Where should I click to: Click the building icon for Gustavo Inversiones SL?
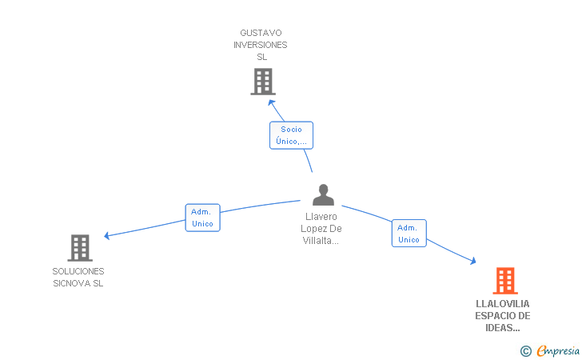point(263,82)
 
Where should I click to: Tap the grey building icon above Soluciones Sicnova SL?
point(80,248)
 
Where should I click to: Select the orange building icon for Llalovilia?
point(505,281)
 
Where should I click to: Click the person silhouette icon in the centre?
point(323,194)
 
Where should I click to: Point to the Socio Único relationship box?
point(291,135)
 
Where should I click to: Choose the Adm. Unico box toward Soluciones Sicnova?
point(203,218)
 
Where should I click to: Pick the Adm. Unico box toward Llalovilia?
point(409,234)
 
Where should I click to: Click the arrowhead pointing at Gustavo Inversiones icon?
point(272,102)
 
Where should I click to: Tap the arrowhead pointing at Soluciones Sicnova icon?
point(107,235)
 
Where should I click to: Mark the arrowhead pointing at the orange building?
point(473,261)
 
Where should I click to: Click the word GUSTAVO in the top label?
point(261,33)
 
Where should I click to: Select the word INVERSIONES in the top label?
point(260,45)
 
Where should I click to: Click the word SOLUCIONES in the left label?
point(78,271)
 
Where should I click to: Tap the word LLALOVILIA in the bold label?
point(503,304)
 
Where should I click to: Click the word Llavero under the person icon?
point(321,217)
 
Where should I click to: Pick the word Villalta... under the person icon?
point(321,241)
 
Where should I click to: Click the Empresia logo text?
point(558,350)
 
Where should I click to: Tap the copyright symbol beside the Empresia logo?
point(526,351)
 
